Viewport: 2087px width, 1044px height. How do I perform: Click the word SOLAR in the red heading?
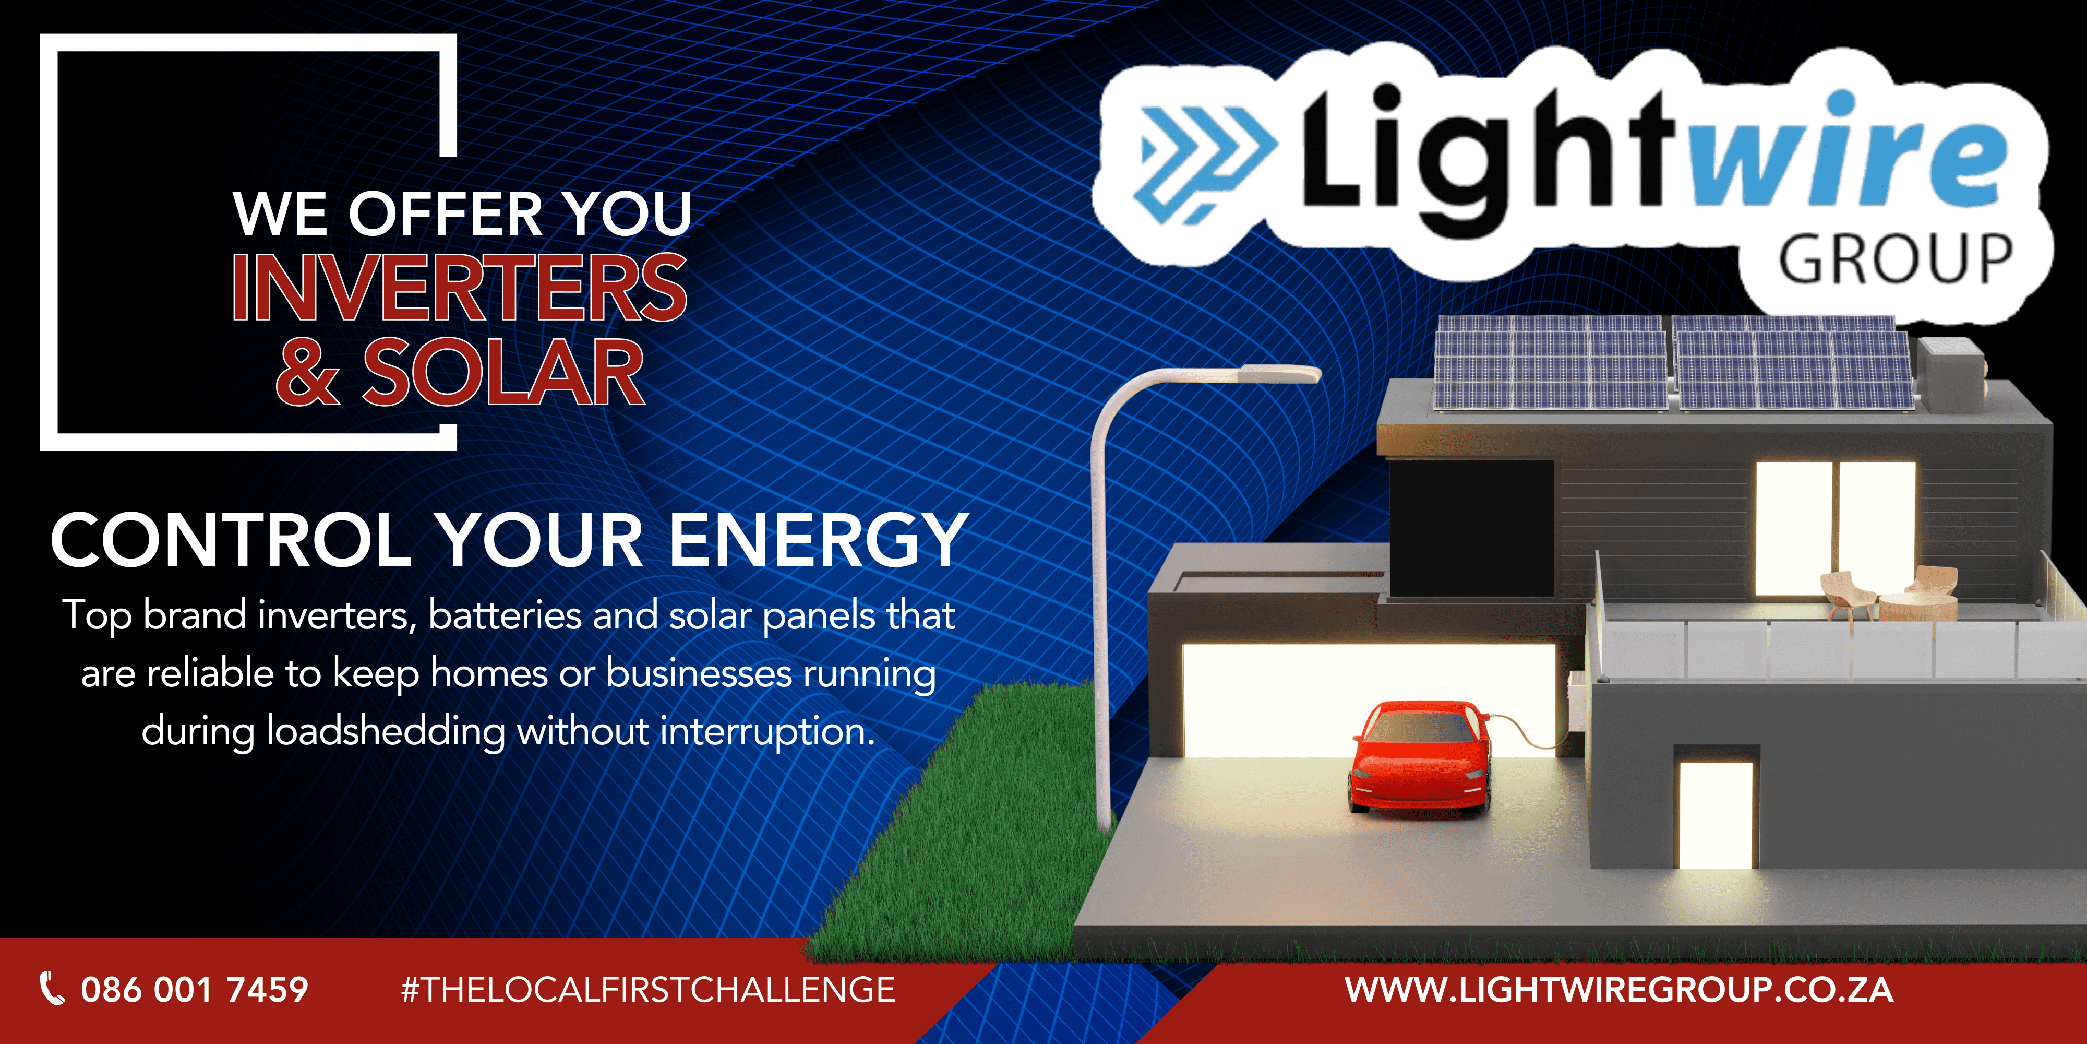503,372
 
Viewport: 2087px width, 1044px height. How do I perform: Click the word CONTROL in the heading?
232,541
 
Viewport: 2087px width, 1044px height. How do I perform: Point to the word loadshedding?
386,732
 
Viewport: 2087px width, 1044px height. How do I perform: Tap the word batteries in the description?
505,615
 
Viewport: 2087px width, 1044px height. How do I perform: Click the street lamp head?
1278,374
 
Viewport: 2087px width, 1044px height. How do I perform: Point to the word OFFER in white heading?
446,215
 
